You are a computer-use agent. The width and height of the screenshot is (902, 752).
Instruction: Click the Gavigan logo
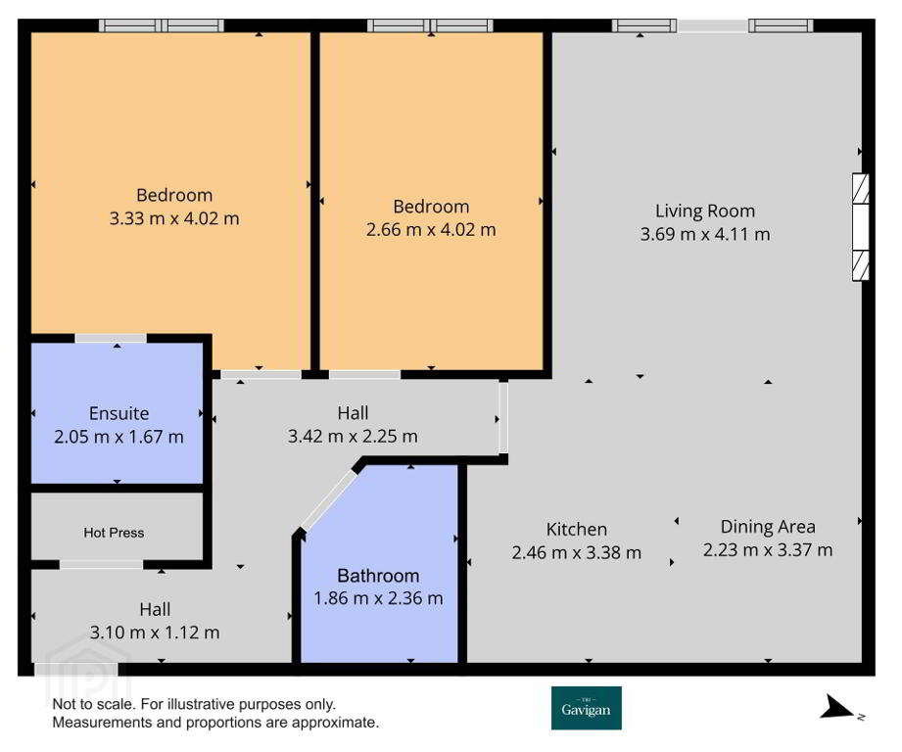click(x=587, y=708)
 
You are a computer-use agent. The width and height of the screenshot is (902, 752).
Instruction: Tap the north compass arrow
click(x=839, y=707)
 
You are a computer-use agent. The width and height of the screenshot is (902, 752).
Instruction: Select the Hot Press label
click(x=114, y=533)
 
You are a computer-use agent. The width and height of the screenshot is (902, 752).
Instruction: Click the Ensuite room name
click(x=119, y=413)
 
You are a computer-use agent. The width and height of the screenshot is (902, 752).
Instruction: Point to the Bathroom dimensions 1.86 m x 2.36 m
click(x=378, y=598)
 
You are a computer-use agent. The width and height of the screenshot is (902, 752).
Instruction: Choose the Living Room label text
click(x=705, y=211)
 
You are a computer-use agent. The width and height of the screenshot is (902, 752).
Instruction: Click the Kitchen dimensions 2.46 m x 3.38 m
click(x=577, y=552)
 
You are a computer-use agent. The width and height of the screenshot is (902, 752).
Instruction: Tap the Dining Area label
click(x=768, y=527)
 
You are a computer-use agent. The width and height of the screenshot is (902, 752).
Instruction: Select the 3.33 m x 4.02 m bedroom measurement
click(x=174, y=218)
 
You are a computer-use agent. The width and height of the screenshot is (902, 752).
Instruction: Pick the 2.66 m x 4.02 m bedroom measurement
click(x=431, y=230)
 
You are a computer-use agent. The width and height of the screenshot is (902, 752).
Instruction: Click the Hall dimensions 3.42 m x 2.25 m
click(x=353, y=437)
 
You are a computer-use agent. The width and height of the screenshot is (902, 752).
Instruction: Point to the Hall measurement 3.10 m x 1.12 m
click(x=155, y=633)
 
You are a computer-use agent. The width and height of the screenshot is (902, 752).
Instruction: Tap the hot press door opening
click(x=101, y=565)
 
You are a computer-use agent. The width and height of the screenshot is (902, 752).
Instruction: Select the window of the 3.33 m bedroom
click(x=161, y=25)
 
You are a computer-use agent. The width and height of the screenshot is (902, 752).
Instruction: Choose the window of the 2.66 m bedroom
click(x=430, y=25)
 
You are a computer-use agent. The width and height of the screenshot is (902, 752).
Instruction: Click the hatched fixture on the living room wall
click(x=861, y=227)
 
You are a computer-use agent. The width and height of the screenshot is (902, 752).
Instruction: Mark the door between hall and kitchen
click(x=503, y=418)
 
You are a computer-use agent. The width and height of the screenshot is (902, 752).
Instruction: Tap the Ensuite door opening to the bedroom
click(x=111, y=338)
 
